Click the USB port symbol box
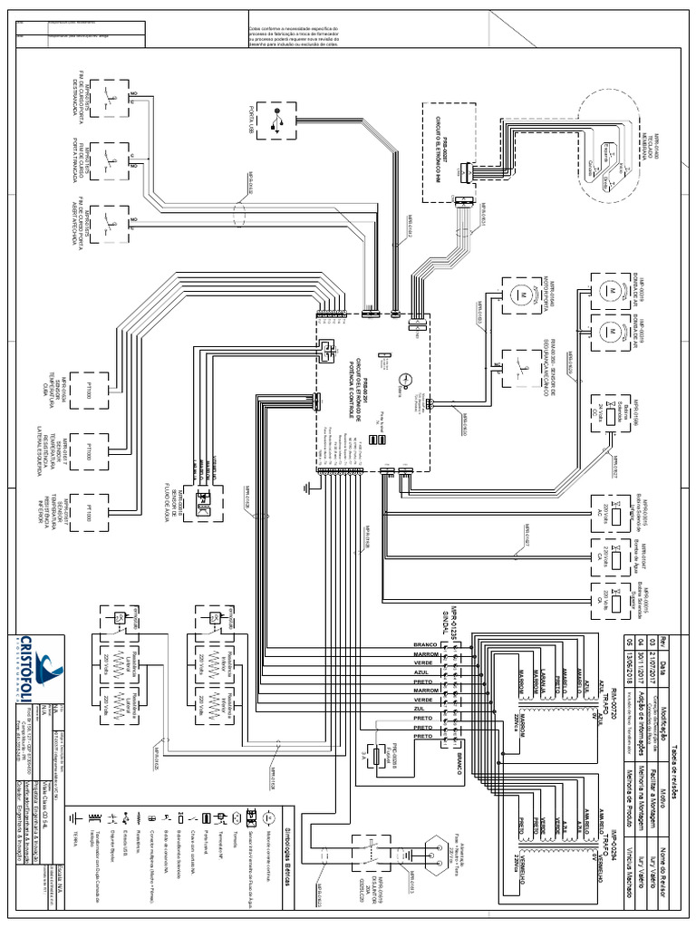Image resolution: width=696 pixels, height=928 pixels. point(275,119)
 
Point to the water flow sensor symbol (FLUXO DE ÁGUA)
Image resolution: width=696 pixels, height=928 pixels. point(204,498)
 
